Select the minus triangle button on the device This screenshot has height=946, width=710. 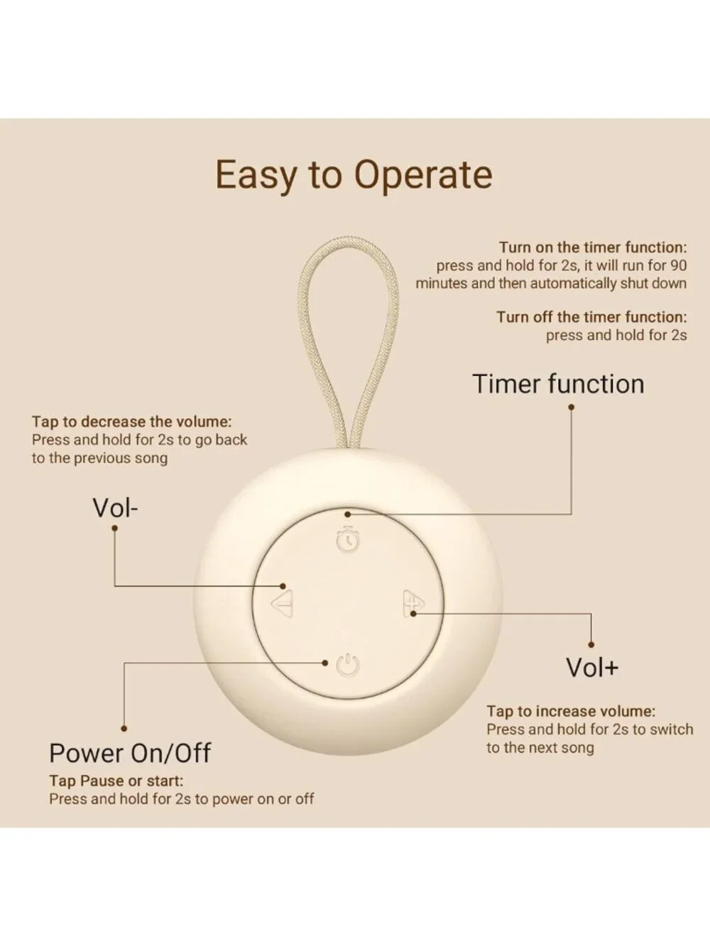283,603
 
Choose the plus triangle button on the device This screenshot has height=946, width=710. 413,603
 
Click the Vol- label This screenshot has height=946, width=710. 115,508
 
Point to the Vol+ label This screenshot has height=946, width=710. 592,668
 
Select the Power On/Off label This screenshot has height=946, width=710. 130,753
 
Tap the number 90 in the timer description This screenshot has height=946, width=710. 677,265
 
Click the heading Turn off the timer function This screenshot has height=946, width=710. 591,317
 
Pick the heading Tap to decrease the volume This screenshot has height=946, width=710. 131,422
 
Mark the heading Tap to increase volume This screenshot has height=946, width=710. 571,711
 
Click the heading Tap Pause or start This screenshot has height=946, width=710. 116,781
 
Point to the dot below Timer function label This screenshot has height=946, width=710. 571,407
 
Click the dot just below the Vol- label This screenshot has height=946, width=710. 115,528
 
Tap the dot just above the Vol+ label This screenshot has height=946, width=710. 591,645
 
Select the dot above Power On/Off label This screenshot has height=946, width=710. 124,728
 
